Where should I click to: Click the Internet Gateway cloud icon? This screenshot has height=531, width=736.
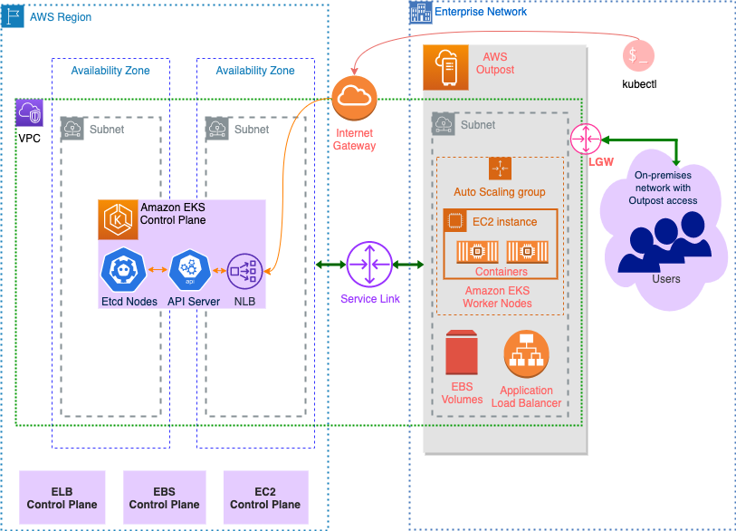point(355,99)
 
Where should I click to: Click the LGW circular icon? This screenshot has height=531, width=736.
point(586,139)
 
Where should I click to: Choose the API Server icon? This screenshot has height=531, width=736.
point(189,269)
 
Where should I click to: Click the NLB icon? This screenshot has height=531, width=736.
point(244,269)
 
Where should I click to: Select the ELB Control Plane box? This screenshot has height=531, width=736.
point(62,497)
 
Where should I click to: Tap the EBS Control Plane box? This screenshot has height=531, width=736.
point(164,497)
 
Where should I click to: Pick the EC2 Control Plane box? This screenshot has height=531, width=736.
point(265,497)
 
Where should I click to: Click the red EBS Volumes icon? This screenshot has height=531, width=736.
point(462,354)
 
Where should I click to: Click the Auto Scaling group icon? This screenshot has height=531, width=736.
point(500,169)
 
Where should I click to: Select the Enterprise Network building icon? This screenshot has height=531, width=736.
point(420,12)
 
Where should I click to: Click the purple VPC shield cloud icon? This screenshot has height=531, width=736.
point(29,112)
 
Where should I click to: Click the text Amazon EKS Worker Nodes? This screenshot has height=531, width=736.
point(497,296)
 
